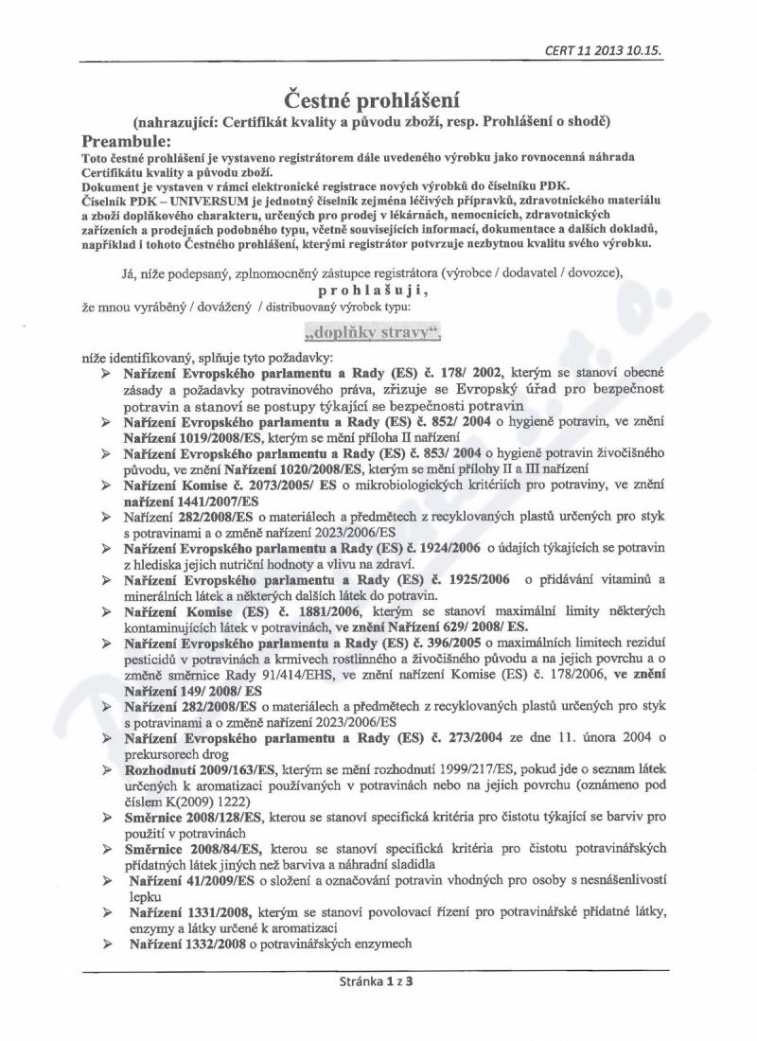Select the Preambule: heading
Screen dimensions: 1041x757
click(x=131, y=138)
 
